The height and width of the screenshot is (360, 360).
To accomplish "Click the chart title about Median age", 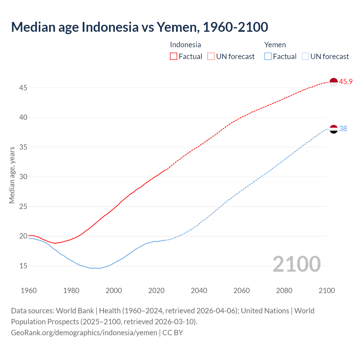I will click(x=139, y=27).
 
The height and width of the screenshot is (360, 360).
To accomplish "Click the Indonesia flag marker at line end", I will click(x=333, y=82).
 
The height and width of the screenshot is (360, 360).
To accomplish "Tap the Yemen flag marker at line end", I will click(x=333, y=129).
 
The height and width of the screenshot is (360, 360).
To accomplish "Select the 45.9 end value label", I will click(x=346, y=82).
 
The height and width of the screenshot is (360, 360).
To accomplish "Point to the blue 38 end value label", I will click(x=343, y=129).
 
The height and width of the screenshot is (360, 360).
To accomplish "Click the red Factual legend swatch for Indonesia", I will click(x=174, y=57).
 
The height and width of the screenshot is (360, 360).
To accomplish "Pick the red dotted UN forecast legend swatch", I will click(x=211, y=57).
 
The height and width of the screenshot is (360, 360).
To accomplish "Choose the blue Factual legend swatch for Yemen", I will click(x=268, y=57).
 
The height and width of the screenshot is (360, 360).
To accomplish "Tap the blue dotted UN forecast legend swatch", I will click(x=305, y=57).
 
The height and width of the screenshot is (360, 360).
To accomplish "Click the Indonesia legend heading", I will click(x=185, y=45).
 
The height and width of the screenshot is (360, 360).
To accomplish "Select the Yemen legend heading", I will click(x=275, y=45).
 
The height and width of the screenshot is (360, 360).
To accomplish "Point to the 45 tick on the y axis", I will click(x=23, y=88).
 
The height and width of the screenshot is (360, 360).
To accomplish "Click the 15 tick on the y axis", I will click(x=23, y=266).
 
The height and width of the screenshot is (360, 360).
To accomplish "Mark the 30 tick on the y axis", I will click(x=23, y=177).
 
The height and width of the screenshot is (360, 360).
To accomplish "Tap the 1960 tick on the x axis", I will click(x=29, y=291).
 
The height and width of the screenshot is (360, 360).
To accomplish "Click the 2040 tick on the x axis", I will click(x=199, y=291).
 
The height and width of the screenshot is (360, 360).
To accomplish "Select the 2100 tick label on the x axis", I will click(x=327, y=291).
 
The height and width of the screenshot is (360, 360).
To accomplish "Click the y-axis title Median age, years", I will click(x=12, y=175).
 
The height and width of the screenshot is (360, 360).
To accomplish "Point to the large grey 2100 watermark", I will click(x=296, y=264).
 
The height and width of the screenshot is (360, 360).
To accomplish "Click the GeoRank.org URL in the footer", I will click(x=84, y=333).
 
